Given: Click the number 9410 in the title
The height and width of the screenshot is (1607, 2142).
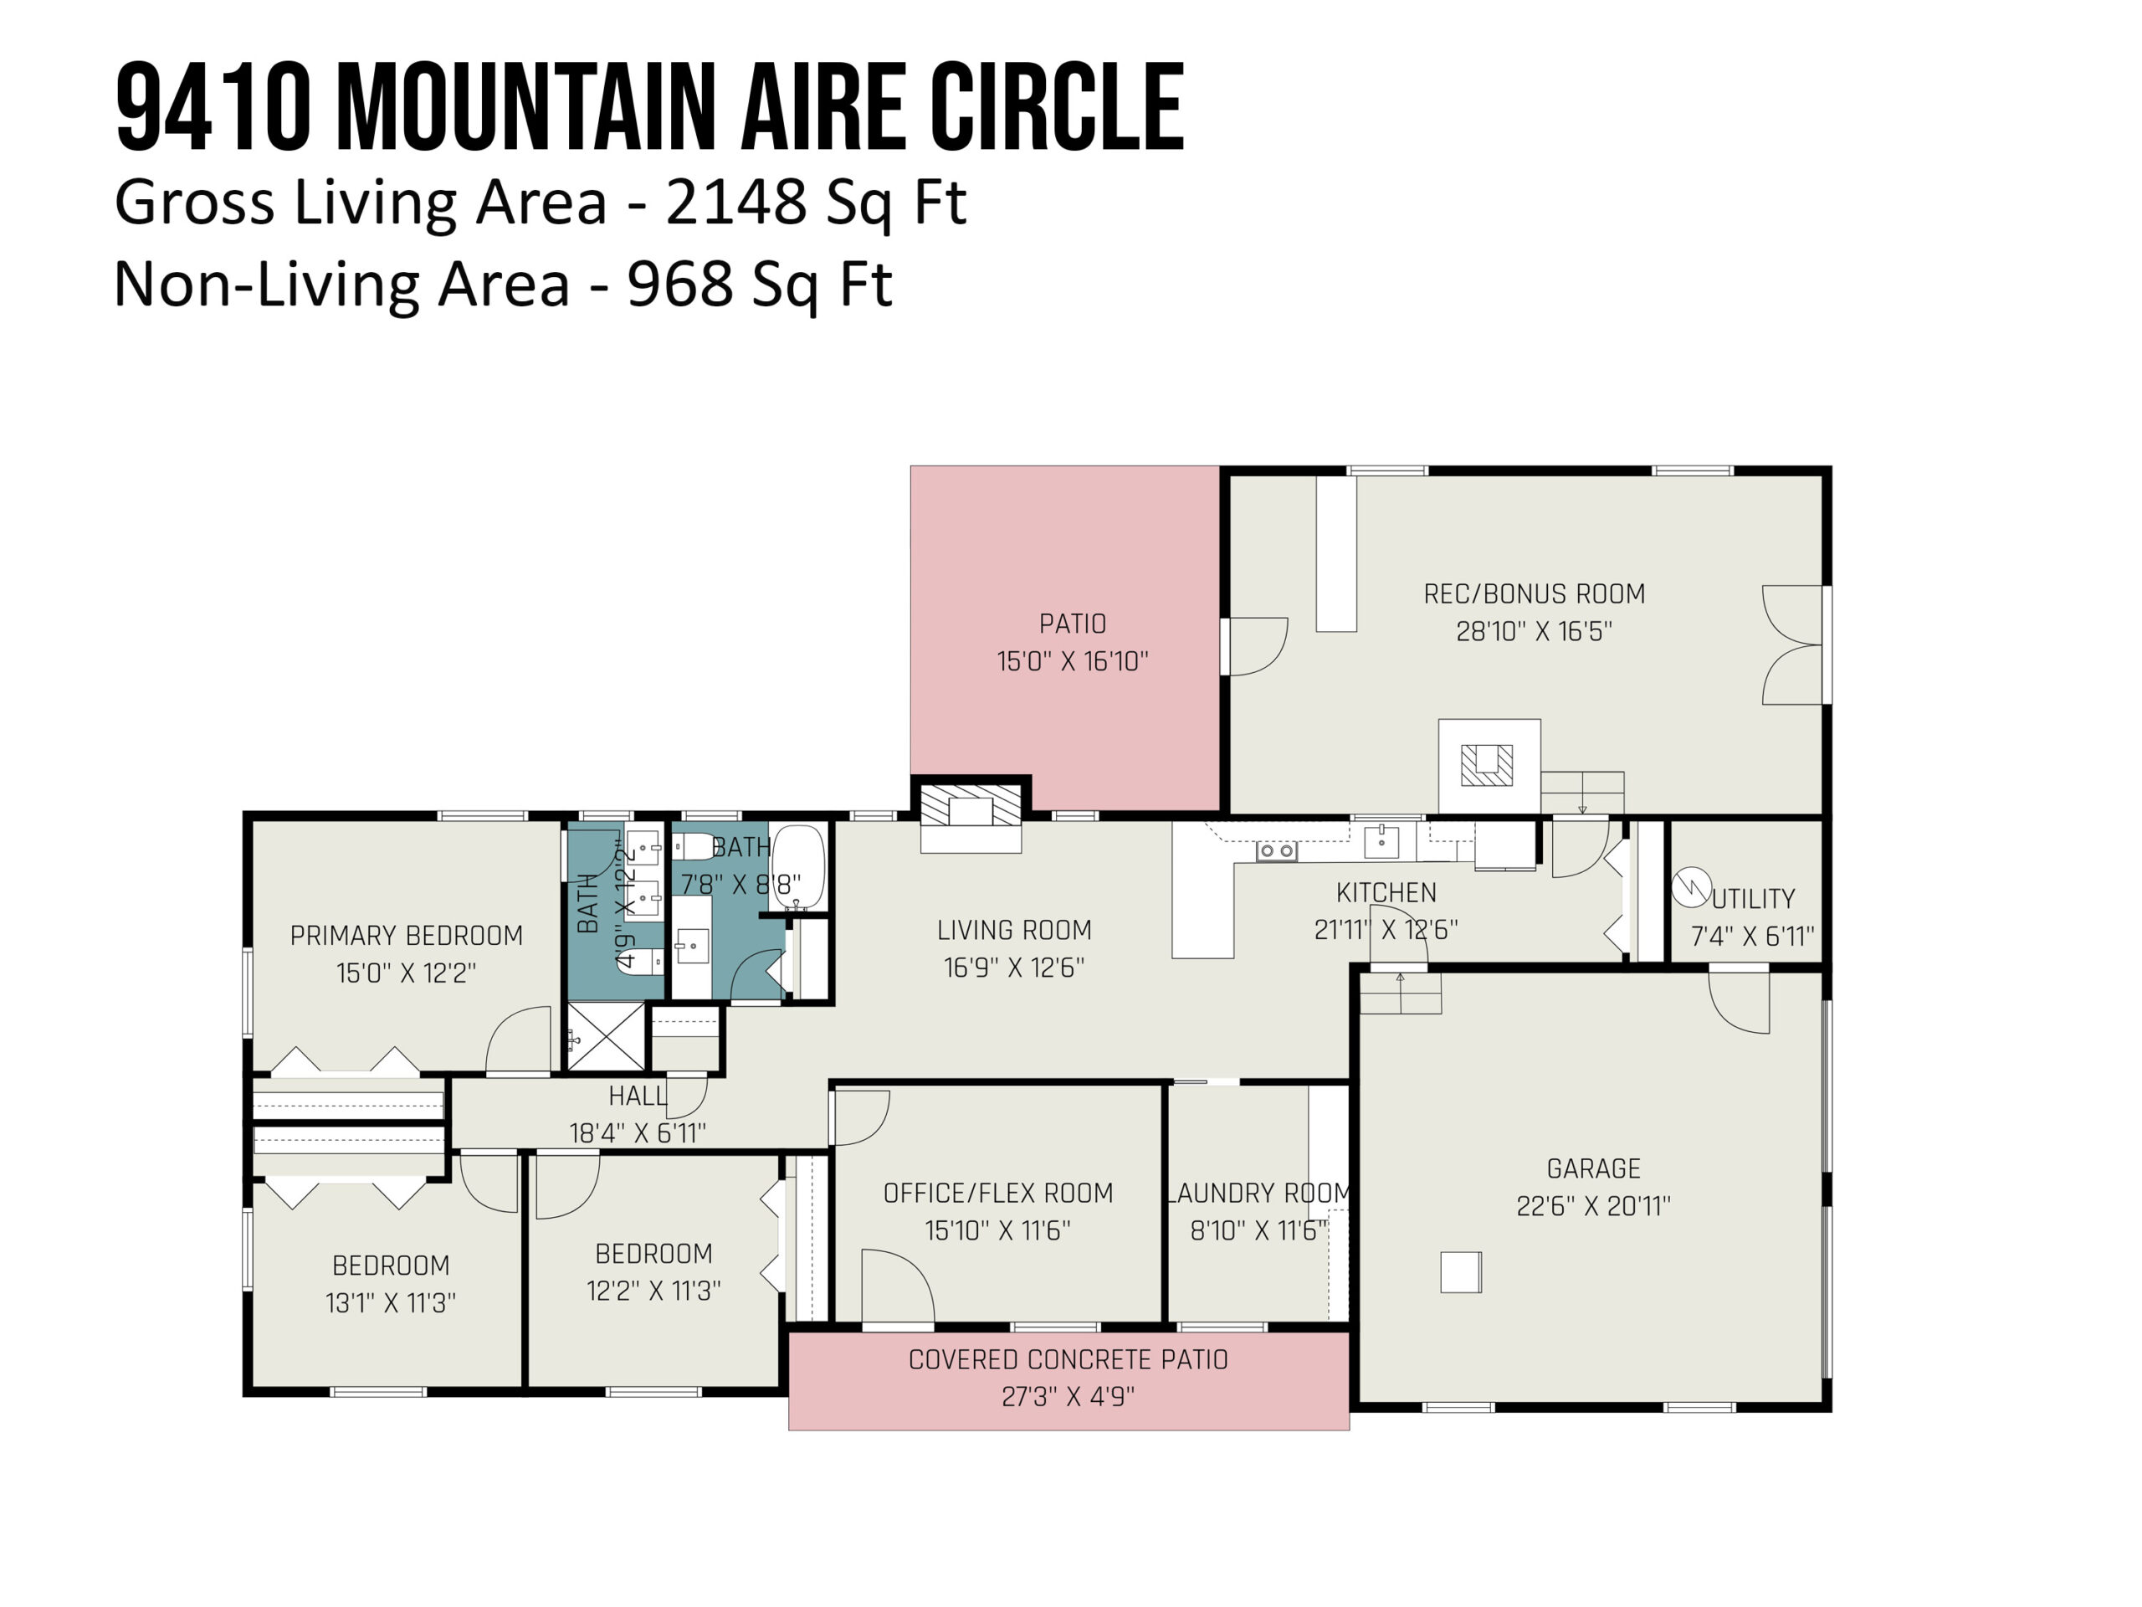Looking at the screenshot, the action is (x=213, y=106).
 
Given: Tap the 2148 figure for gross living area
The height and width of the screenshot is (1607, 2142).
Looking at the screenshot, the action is (x=736, y=203).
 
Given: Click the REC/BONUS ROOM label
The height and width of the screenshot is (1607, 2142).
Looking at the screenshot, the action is (x=1534, y=593).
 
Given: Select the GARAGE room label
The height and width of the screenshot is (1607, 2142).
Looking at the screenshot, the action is (x=1593, y=1168).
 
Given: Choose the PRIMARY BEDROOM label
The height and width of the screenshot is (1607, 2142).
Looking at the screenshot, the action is (x=407, y=936).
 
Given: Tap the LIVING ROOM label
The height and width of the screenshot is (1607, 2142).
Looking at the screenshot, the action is (x=1014, y=930).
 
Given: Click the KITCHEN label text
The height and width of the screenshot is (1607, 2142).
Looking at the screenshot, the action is (x=1386, y=892).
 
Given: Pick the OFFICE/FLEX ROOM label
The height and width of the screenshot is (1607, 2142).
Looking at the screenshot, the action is (x=997, y=1193).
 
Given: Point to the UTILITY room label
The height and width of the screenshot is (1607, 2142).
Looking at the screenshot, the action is (x=1753, y=899).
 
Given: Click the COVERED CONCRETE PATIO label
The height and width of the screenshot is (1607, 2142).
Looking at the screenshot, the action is (x=1068, y=1359).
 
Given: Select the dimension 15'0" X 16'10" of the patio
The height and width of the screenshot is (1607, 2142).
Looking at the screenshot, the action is (x=1072, y=660).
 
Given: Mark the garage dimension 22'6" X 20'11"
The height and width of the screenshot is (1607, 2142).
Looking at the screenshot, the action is (x=1593, y=1206).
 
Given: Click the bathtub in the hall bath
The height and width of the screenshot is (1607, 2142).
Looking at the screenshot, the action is (x=798, y=867).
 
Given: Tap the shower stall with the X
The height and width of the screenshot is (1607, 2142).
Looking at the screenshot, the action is (x=605, y=1036).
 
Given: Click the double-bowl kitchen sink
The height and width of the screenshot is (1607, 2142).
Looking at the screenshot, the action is (x=1276, y=850).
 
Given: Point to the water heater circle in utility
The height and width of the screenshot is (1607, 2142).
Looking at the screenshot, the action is (x=1692, y=887).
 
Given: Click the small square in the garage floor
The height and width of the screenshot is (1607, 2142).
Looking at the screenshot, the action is (x=1460, y=1272).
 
